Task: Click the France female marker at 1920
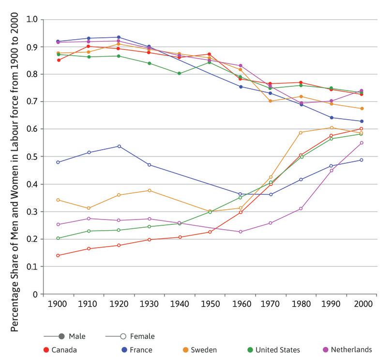tap(119, 146)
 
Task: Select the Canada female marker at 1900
tap(58, 255)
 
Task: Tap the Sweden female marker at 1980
tap(301, 133)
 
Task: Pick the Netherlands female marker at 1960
tap(240, 232)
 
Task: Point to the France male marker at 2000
tap(362, 121)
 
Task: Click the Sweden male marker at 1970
tap(270, 101)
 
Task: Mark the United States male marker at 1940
tap(179, 74)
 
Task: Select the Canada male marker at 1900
tap(58, 60)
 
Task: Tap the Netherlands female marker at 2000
tap(362, 143)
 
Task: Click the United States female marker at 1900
tap(58, 238)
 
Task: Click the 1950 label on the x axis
tap(210, 304)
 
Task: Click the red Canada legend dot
tap(45, 349)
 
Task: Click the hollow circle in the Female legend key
tap(124, 336)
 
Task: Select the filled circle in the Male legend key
tap(61, 336)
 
